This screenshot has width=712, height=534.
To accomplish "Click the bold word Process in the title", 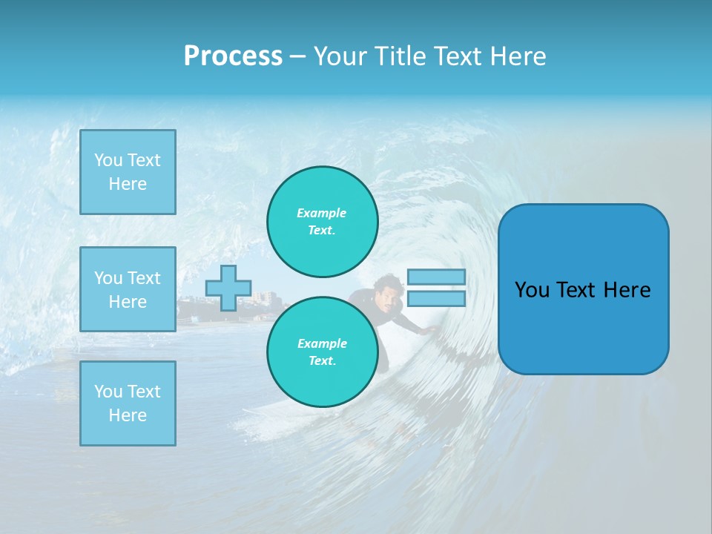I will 233,56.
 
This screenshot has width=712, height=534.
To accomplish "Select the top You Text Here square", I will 128,172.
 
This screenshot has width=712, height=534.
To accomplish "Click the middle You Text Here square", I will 128,289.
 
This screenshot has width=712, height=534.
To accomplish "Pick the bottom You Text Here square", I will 128,403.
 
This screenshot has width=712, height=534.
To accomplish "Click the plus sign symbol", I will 228,288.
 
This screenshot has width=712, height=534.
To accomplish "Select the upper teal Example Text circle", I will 323,222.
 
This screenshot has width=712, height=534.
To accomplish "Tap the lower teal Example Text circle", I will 323,352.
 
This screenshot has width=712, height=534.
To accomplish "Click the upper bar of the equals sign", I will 436,277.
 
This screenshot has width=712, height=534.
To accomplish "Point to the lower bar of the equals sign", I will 436,299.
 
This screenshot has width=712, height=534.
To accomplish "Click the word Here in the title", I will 519,56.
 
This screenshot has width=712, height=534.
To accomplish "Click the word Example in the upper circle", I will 321,213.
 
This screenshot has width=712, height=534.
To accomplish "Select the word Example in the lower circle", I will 322,343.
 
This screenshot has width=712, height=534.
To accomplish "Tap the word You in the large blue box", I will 532,290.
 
